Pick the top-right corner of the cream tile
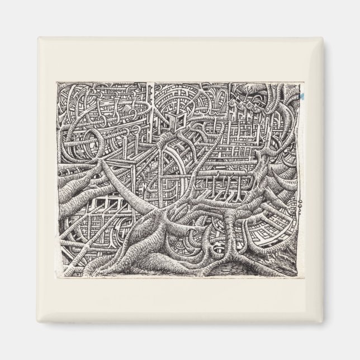[322, 38]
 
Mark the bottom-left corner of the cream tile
[38, 322]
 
